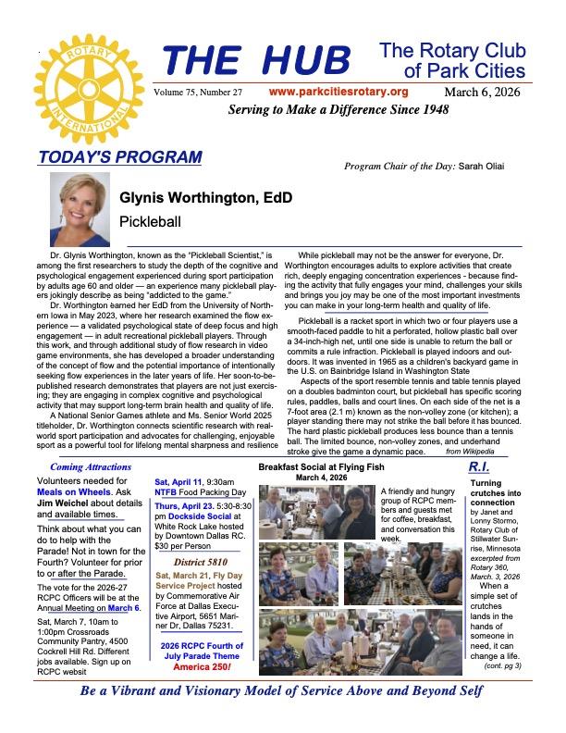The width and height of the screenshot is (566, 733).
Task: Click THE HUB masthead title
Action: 256,61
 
